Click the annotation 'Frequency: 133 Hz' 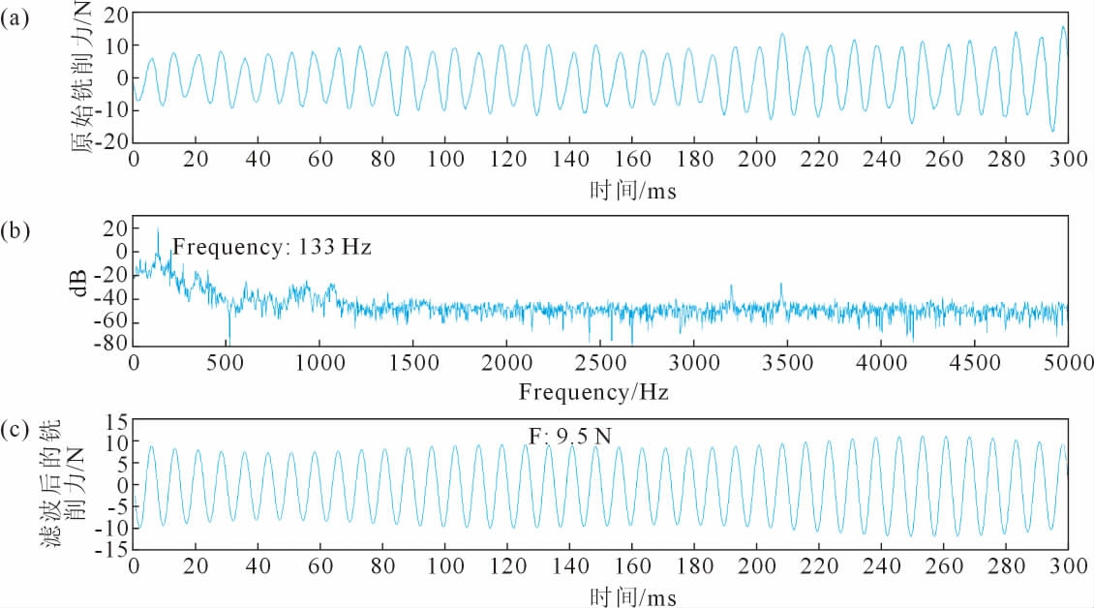(272, 248)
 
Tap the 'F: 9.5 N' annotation (569, 437)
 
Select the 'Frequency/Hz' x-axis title (593, 392)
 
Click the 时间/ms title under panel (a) (632, 191)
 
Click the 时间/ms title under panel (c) (632, 594)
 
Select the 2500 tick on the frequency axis (600, 362)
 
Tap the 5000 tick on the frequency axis (1067, 362)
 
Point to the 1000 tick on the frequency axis (320, 362)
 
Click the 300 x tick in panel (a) (1067, 159)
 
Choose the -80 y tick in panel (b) (113, 344)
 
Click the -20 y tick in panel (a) (113, 141)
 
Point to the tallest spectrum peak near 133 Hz (158, 230)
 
